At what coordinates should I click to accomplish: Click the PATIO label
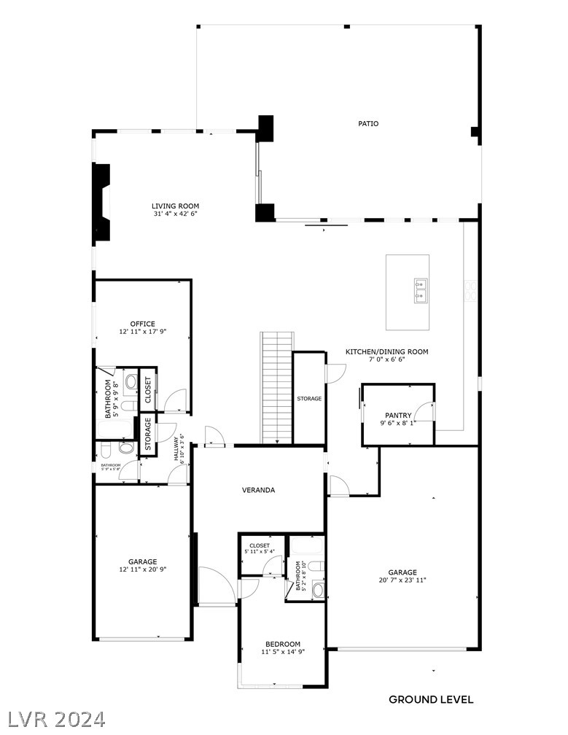pyautogui.click(x=368, y=123)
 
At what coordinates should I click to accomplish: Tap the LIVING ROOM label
pyautogui.click(x=175, y=206)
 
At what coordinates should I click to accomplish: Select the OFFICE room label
pyautogui.click(x=143, y=324)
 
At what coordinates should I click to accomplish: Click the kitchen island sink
pyautogui.click(x=421, y=289)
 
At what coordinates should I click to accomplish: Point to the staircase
pyautogui.click(x=277, y=386)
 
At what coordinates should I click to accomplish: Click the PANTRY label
pyautogui.click(x=398, y=415)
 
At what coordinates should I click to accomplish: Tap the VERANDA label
pyautogui.click(x=259, y=490)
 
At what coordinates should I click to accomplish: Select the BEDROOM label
pyautogui.click(x=283, y=644)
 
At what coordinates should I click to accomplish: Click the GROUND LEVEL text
pyautogui.click(x=431, y=699)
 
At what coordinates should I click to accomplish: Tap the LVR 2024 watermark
pyautogui.click(x=54, y=718)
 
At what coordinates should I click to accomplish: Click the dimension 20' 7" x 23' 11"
pyautogui.click(x=402, y=580)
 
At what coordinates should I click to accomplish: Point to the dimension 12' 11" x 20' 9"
pyautogui.click(x=143, y=569)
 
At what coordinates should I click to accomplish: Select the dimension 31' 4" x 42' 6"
pyautogui.click(x=175, y=214)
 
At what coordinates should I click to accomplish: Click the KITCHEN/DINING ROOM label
pyautogui.click(x=387, y=351)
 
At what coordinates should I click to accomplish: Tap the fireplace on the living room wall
pyautogui.click(x=101, y=203)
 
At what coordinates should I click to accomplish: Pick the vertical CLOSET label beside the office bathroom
pyautogui.click(x=148, y=389)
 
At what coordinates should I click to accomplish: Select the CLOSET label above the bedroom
pyautogui.click(x=260, y=545)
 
